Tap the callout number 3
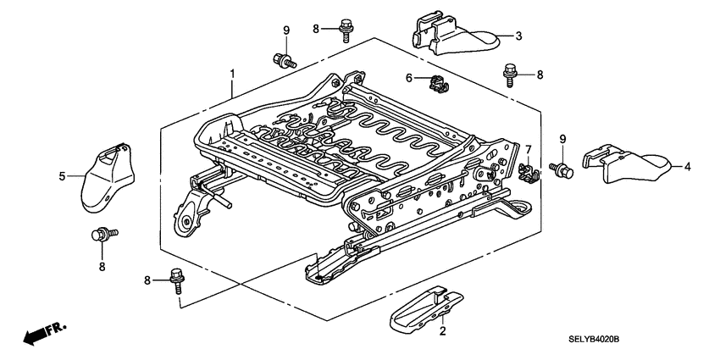click(518, 36)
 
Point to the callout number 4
click(688, 167)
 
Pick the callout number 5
click(62, 176)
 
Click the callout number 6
click(407, 78)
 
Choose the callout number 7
click(526, 149)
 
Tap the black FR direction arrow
click(37, 334)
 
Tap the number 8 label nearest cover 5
click(102, 267)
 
